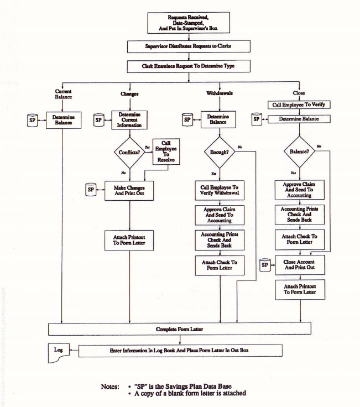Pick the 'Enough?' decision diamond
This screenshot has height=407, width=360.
(219, 152)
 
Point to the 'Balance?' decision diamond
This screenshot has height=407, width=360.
(299, 151)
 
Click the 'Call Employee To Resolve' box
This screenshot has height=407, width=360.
(166, 152)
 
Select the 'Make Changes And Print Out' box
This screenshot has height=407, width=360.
(129, 191)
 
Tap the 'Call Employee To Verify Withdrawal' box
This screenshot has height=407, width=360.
(220, 191)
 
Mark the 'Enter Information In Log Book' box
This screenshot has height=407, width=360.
(180, 351)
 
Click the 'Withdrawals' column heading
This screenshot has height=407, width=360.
(220, 93)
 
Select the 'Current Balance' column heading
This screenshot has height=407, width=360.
(63, 94)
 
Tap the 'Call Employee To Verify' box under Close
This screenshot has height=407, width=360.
(299, 105)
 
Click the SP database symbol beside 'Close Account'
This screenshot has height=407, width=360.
(264, 265)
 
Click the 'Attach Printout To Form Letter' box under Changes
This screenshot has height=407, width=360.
(129, 241)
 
